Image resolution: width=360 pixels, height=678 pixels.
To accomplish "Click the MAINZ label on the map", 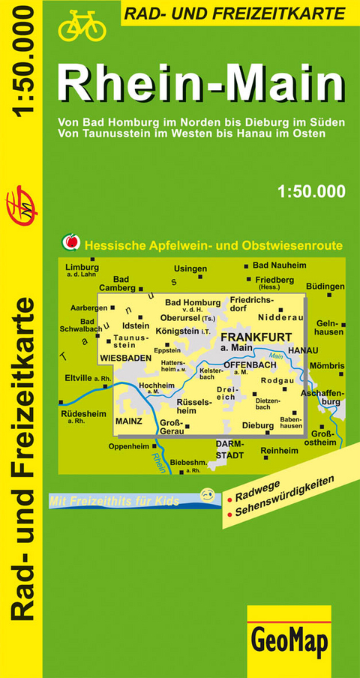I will pos(128,421).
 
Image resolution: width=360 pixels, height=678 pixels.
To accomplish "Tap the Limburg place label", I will pos(82,267).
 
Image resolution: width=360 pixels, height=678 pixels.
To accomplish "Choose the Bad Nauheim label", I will pos(279,265).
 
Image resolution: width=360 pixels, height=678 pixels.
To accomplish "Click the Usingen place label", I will pos(190,268).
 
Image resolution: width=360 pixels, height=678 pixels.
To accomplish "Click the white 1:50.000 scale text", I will pos(310,190).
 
